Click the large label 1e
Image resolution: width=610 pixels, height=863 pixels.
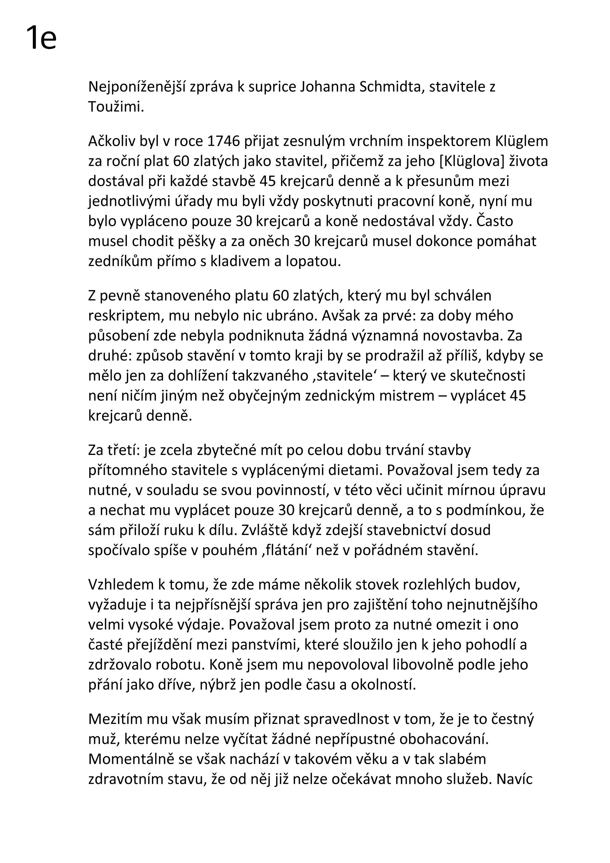[41, 38]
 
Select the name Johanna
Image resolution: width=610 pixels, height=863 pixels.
[327, 87]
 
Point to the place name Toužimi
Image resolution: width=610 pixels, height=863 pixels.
[116, 107]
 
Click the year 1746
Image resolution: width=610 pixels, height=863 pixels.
[223, 141]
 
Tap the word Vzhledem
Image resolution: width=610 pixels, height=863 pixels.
[121, 584]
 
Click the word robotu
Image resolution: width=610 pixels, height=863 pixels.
[182, 664]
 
